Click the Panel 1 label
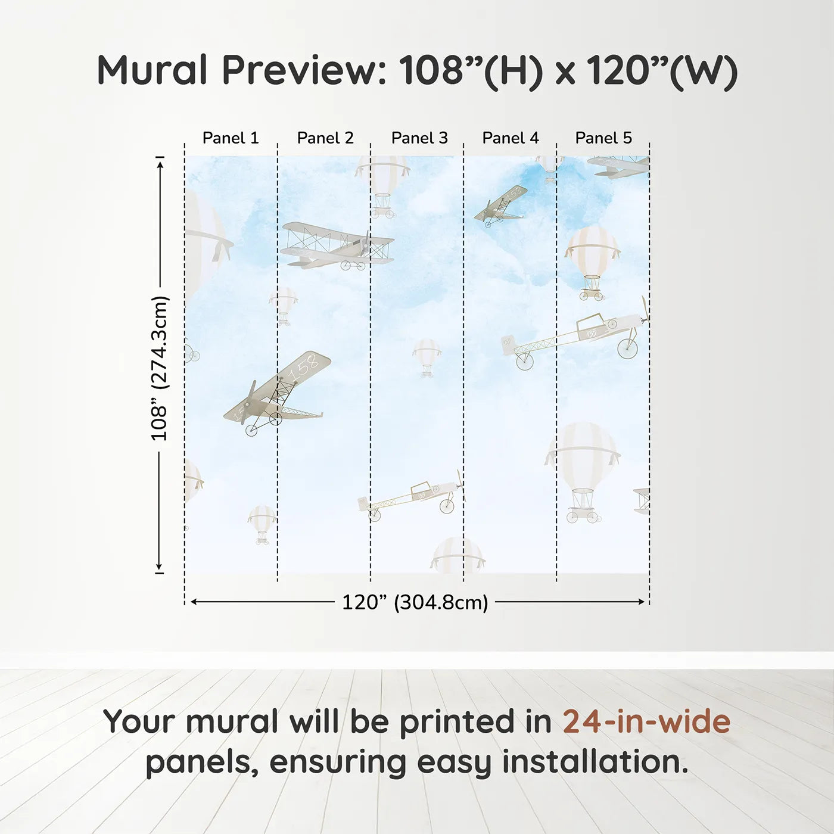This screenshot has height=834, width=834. [x=231, y=138]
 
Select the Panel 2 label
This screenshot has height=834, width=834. [x=325, y=138]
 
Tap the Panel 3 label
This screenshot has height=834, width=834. [x=419, y=138]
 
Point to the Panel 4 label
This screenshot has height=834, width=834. [x=511, y=138]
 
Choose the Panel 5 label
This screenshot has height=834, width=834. [x=603, y=138]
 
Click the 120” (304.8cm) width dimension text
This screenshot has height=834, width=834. [x=415, y=602]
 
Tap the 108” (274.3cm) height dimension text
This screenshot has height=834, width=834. [x=160, y=368]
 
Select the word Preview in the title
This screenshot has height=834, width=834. [x=304, y=70]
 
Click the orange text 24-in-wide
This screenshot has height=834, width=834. [x=646, y=721]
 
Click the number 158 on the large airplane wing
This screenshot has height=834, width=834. [x=304, y=368]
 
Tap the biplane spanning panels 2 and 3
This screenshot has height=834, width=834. [x=337, y=245]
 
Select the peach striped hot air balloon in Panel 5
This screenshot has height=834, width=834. [x=592, y=261]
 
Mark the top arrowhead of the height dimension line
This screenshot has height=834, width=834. [x=160, y=163]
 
